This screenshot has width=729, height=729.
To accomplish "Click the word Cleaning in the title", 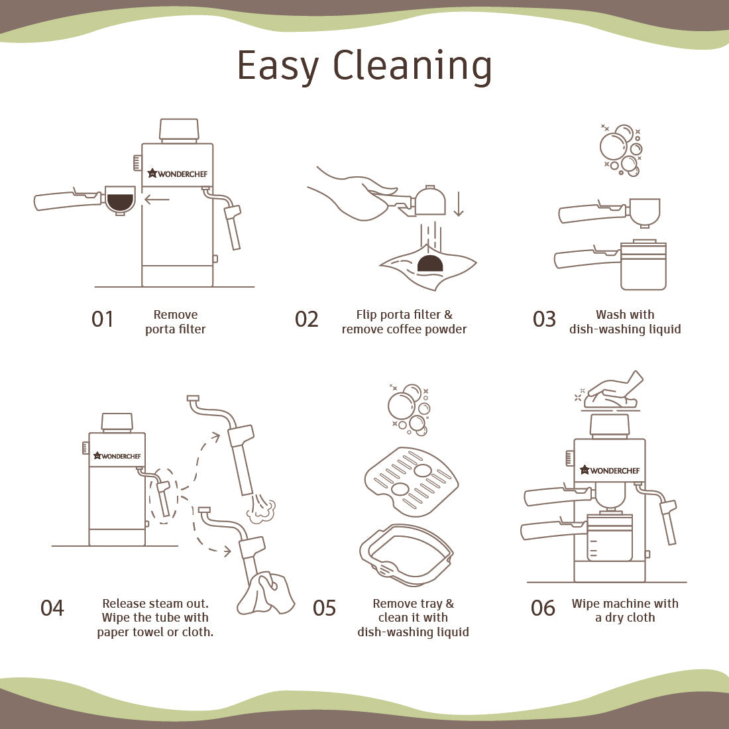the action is coord(412,66).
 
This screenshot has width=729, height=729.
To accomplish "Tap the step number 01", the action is coord(102,319).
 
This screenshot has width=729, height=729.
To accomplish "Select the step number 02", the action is coord(306,319).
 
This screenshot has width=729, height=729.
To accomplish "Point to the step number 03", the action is coord(544,319).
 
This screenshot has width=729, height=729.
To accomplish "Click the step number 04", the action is coord(52,608).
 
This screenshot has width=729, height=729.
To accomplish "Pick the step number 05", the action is coord(324,608).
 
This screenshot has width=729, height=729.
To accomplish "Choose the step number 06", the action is coord(543,608).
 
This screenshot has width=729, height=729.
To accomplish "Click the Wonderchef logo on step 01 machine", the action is coord(178,174).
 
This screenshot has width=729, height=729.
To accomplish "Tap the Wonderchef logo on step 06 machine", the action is coord(610,470).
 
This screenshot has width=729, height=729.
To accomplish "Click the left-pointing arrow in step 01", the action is coord(156,200).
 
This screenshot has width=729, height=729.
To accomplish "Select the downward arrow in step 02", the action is coord(459,204).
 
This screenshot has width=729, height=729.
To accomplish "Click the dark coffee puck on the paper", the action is coord(430,263).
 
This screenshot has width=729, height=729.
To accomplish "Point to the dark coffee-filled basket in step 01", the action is coord(120,201).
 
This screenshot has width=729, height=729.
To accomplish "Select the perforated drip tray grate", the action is coord(412,482).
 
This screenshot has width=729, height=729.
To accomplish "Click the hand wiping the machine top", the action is coord(614,390).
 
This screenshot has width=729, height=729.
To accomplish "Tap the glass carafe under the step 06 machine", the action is coord(610,537).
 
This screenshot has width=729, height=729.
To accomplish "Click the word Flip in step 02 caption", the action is coord(367,315).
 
